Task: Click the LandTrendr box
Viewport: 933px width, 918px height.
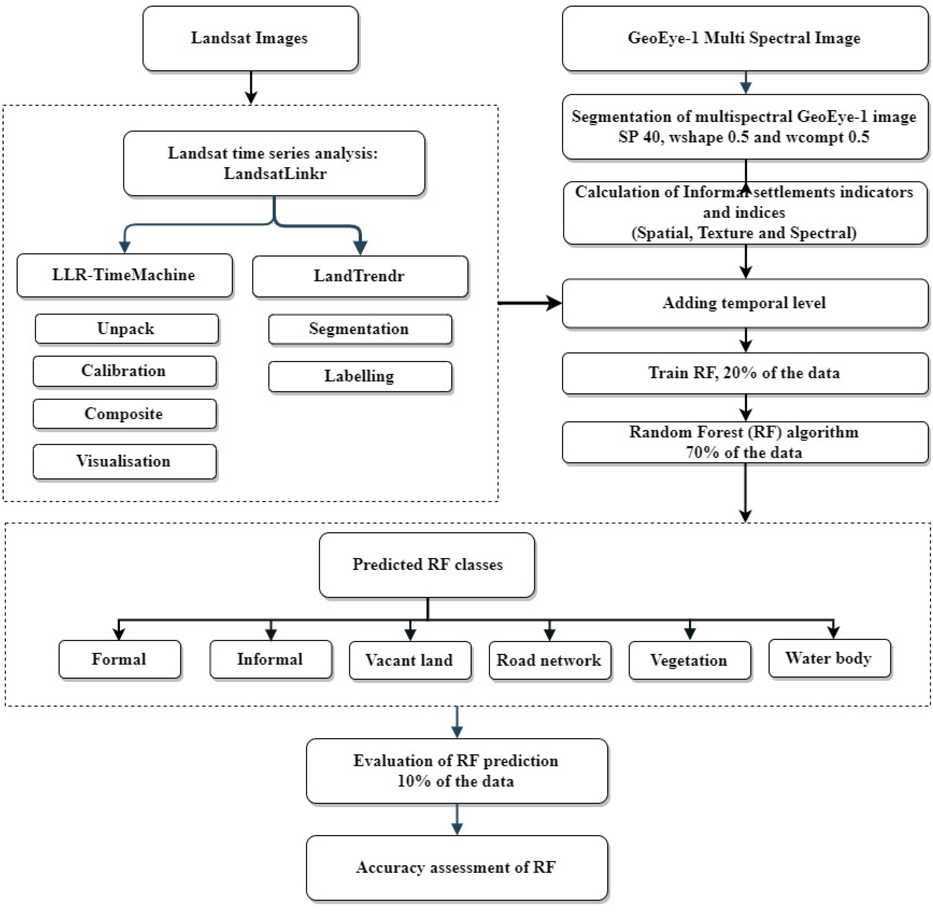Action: (359, 276)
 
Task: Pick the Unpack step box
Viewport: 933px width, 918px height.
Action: (126, 329)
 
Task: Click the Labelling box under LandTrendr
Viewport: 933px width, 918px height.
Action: (359, 376)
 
